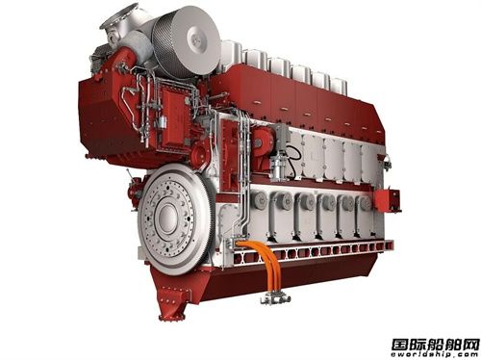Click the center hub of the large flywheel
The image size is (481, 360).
point(165,219)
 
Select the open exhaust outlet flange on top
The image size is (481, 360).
point(119,15)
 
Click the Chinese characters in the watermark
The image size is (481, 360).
point(435,345)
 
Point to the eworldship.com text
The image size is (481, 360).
point(435,354)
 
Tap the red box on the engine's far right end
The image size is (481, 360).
point(388,200)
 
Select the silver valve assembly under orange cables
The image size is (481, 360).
point(275,299)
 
